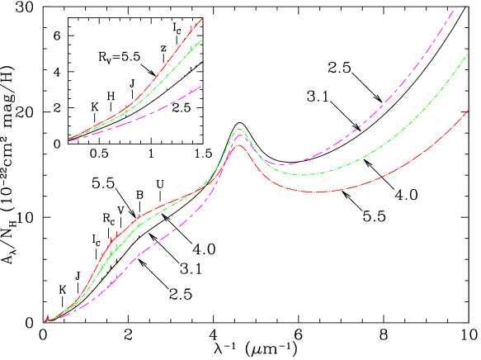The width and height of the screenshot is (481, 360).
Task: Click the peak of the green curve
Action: (239, 130)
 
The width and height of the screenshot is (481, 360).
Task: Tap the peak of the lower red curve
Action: (239, 145)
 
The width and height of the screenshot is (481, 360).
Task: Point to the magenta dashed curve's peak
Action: (239, 135)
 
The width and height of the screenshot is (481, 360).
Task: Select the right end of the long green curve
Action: (468, 52)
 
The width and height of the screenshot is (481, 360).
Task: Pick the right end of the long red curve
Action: (468, 110)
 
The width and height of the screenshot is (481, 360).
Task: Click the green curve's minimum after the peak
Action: (303, 174)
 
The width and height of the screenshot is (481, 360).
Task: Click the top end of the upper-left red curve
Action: (202, 18)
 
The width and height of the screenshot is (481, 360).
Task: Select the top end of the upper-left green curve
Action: (202, 39)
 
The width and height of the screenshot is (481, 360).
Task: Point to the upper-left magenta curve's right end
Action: (200, 86)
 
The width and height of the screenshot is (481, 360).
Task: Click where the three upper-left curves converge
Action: (68, 140)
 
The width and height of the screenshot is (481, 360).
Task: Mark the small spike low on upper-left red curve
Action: (125, 107)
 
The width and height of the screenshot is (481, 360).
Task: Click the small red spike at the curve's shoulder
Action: (138, 216)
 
